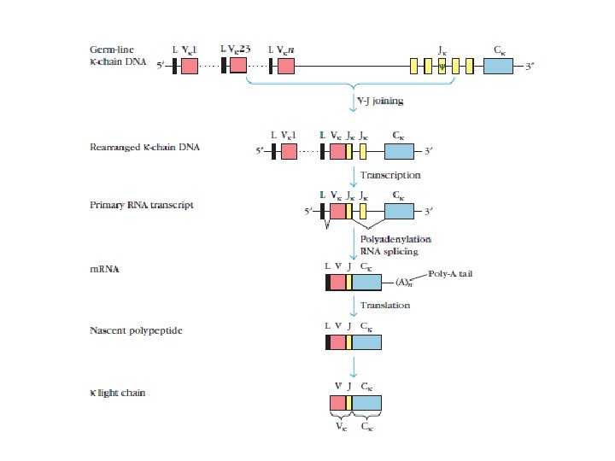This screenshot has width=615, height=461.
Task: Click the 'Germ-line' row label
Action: point(112,50)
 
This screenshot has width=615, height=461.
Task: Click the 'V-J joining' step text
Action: point(380,101)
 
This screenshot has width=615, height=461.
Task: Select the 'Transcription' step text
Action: point(389,174)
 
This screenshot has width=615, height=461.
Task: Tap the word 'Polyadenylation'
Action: point(395,239)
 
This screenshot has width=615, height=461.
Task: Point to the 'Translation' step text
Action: point(384,304)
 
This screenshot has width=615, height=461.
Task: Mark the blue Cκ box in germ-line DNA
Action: point(498,67)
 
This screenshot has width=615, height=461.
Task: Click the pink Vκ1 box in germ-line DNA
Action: point(190,67)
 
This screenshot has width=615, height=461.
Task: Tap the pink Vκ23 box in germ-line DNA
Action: point(238,67)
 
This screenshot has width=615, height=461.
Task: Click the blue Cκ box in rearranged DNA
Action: point(398,152)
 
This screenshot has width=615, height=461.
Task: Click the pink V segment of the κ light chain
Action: point(337,404)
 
